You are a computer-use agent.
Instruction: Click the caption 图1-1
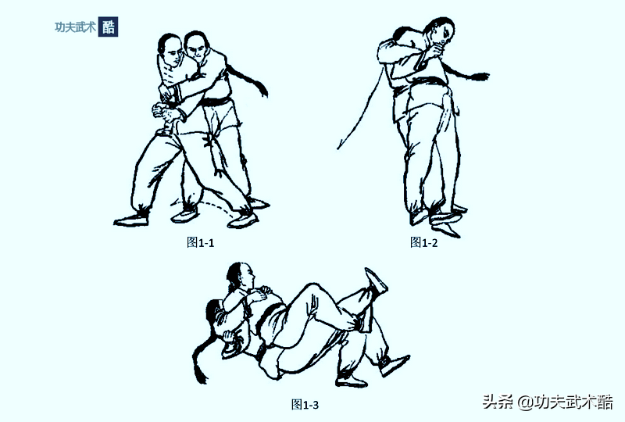201,242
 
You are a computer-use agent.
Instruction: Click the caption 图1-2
424,242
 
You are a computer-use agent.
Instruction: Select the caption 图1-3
305,405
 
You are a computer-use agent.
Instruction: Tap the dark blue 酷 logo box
108,27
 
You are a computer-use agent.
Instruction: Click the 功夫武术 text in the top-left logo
75,27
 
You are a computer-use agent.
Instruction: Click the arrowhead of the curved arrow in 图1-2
340,145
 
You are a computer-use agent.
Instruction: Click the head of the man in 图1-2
441,31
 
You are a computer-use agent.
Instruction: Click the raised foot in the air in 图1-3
375,280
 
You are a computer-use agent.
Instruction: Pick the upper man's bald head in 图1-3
241,275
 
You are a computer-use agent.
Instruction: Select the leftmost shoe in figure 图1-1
131,220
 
